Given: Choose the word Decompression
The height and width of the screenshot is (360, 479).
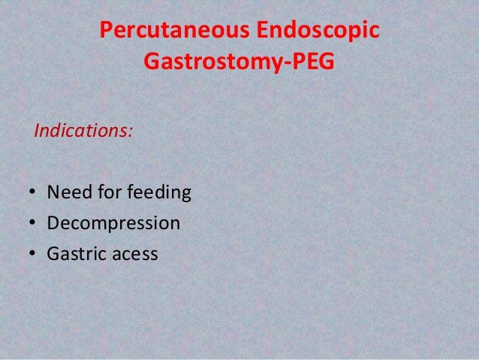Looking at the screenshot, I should tap(113, 225).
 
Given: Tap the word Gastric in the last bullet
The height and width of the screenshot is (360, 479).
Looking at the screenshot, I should tap(75, 253).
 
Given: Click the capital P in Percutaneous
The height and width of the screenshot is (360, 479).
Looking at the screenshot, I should tap(107, 32).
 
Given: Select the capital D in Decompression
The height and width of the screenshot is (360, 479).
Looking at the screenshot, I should tap(53, 225).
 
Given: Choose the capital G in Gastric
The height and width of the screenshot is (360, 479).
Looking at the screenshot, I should tap(53, 253).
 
